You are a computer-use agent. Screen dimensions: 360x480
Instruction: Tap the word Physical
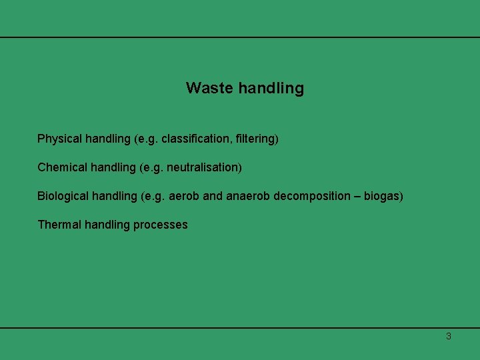pos(59,139)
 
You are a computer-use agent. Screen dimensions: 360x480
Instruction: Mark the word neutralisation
pos(201,167)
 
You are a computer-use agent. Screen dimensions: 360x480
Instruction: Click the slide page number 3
pos(448,336)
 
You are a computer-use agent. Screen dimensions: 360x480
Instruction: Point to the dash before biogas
pos(358,196)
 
